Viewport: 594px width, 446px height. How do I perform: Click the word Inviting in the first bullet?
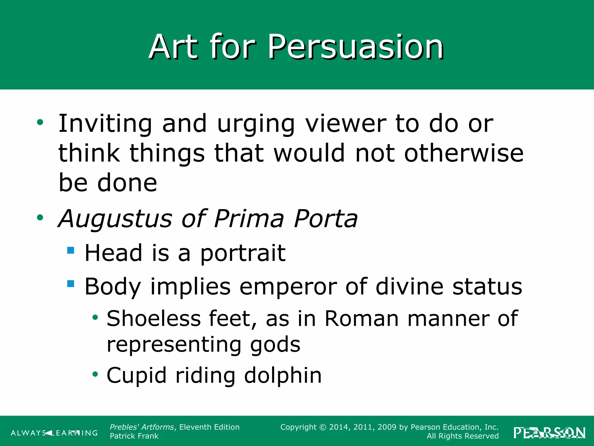pyautogui.click(x=105, y=124)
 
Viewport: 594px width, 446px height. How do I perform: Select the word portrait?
pyautogui.click(x=243, y=253)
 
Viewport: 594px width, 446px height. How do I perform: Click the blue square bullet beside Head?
pyautogui.click(x=70, y=250)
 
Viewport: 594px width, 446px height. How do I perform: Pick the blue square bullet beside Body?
pyautogui.click(x=70, y=283)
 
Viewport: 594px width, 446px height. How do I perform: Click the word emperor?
pyautogui.click(x=288, y=287)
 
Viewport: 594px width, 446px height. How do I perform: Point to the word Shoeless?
pyautogui.click(x=154, y=319)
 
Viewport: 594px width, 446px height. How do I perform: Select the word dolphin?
pyautogui.click(x=283, y=375)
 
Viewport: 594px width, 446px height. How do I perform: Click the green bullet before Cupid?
pyautogui.click(x=95, y=374)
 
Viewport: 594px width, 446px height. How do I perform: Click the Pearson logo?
pyautogui.click(x=549, y=433)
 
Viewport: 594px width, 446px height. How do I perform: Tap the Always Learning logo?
pyautogui.click(x=54, y=433)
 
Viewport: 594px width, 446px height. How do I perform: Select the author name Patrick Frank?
pyautogui.click(x=134, y=436)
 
